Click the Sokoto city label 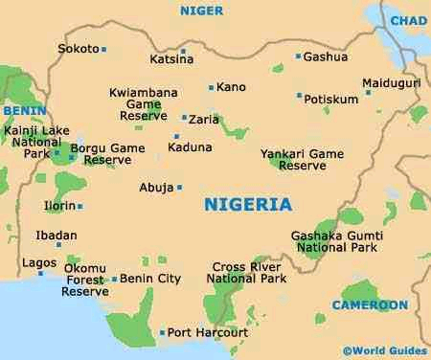tap(79, 48)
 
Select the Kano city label tap(232, 87)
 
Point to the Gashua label tap(325, 56)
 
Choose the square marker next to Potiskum tap(299, 96)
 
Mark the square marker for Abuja tap(179, 187)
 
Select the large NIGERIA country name tap(248, 205)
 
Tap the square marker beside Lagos tap(41, 273)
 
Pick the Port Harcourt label tap(208, 333)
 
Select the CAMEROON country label tap(370, 305)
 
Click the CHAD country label tap(409, 20)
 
